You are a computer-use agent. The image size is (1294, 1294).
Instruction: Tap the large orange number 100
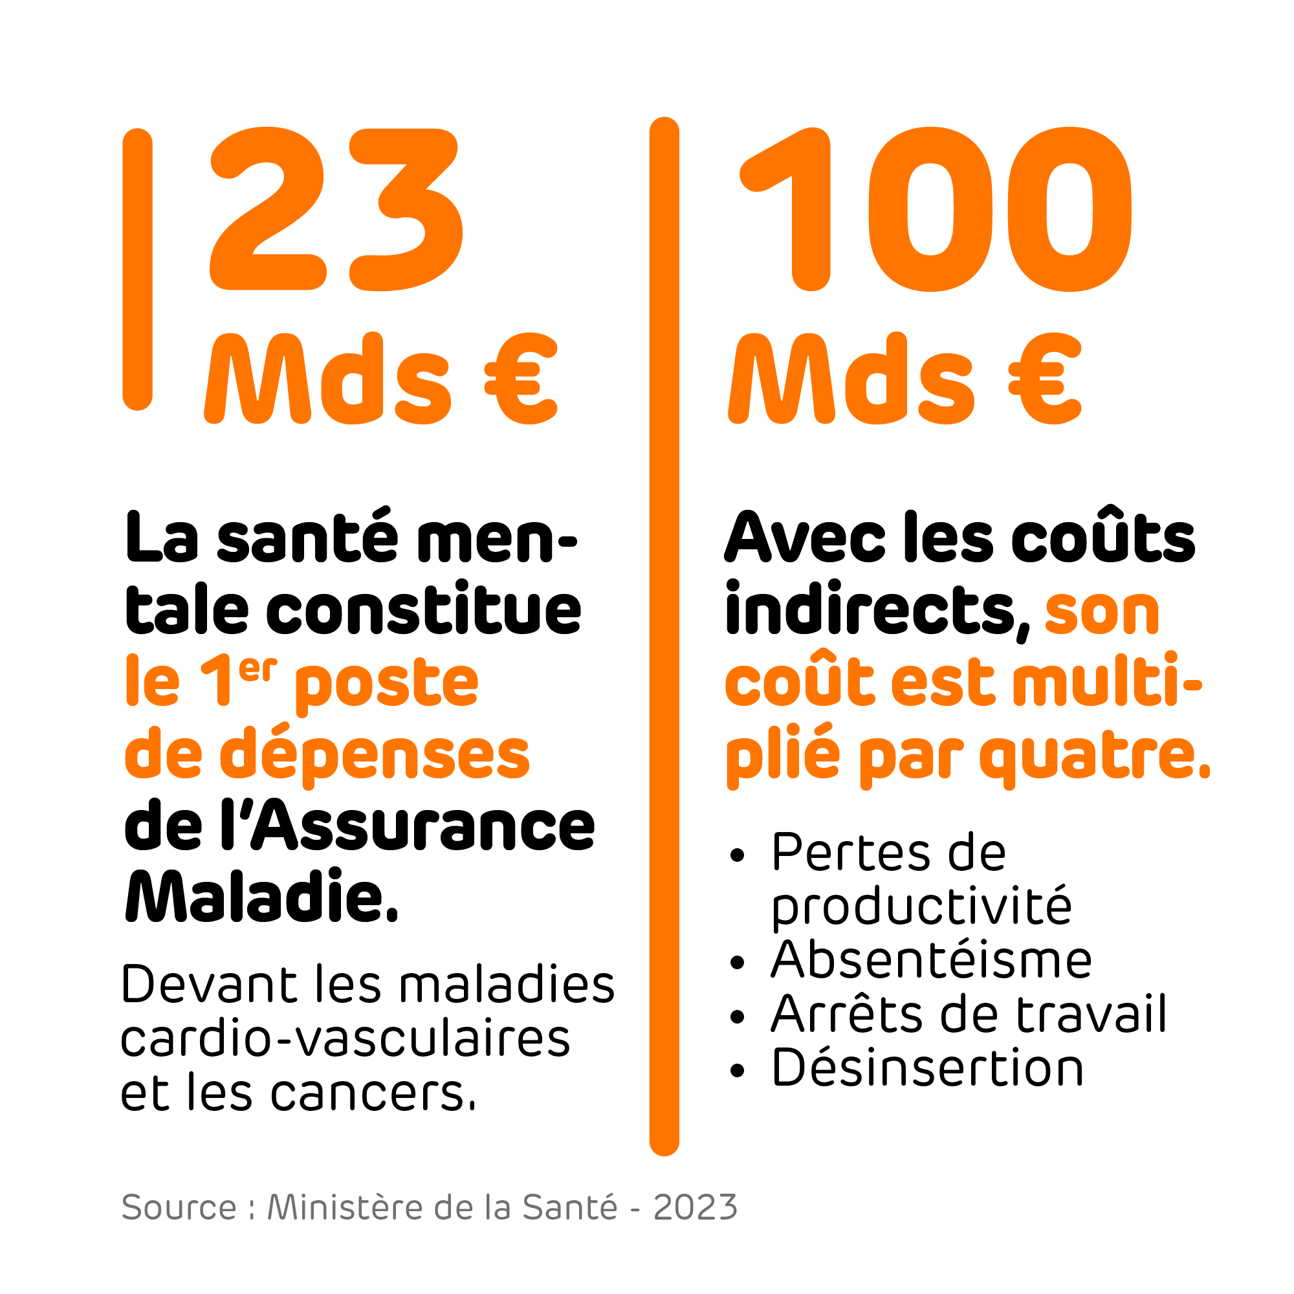click(x=935, y=209)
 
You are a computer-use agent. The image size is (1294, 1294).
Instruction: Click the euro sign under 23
click(x=521, y=379)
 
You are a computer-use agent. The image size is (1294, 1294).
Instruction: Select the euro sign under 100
click(x=1045, y=379)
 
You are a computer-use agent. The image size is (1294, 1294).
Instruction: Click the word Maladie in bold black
click(x=261, y=897)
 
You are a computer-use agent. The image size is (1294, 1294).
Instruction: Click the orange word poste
click(x=387, y=683)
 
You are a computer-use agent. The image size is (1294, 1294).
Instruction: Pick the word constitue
click(x=423, y=611)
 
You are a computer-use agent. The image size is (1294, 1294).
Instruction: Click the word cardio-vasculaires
click(x=345, y=1039)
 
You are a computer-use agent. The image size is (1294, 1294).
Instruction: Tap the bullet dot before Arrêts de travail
click(x=738, y=1017)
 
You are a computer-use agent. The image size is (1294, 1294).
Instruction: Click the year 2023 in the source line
click(x=696, y=1207)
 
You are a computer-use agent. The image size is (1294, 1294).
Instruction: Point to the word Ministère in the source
click(x=345, y=1207)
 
